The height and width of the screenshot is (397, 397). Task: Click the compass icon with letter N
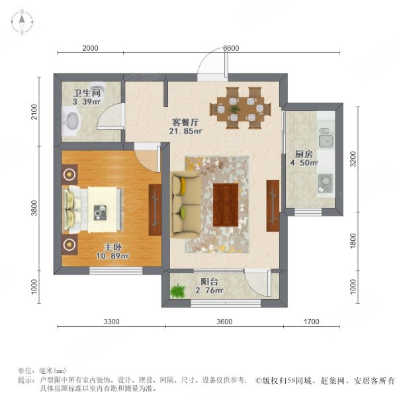[22, 22]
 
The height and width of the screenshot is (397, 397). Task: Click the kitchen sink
[325, 140]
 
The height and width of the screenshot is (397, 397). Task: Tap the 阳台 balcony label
[209, 281]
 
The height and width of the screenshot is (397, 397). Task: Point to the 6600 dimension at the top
[231, 48]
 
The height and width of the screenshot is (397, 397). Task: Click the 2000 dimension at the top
[90, 48]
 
